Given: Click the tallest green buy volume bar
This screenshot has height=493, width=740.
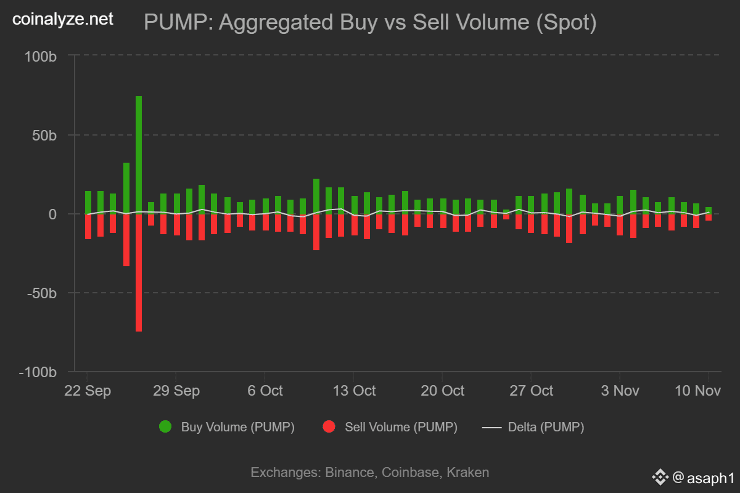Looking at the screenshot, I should [x=139, y=154].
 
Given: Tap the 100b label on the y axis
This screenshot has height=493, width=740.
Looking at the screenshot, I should [x=41, y=56].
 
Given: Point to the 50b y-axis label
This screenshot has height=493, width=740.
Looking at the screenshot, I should [x=44, y=135].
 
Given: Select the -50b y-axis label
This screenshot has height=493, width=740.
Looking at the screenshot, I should [x=42, y=293].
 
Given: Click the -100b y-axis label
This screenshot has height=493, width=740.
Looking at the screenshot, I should [x=38, y=373].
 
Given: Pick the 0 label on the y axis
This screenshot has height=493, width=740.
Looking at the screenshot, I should [x=52, y=214].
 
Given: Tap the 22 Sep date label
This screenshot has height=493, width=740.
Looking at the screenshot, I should [x=88, y=391].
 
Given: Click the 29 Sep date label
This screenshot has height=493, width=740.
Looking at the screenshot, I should [x=176, y=391].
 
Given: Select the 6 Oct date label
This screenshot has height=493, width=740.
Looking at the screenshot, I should [x=265, y=391].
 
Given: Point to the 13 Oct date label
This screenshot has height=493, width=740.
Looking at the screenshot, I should [x=353, y=391].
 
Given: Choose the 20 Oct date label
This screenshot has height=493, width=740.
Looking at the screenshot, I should [x=442, y=391].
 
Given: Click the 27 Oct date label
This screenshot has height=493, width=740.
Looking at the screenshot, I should [x=531, y=391].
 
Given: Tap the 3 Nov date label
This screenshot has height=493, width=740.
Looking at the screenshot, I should [x=620, y=391].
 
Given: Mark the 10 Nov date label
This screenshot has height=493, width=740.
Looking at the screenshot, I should [x=699, y=391].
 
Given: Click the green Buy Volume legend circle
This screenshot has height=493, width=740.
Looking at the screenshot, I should [x=165, y=427].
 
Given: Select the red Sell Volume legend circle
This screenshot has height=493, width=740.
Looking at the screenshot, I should [x=329, y=427].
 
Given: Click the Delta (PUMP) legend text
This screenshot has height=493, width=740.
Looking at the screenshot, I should [x=546, y=427].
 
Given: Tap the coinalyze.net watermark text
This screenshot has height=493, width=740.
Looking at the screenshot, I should [x=63, y=20].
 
